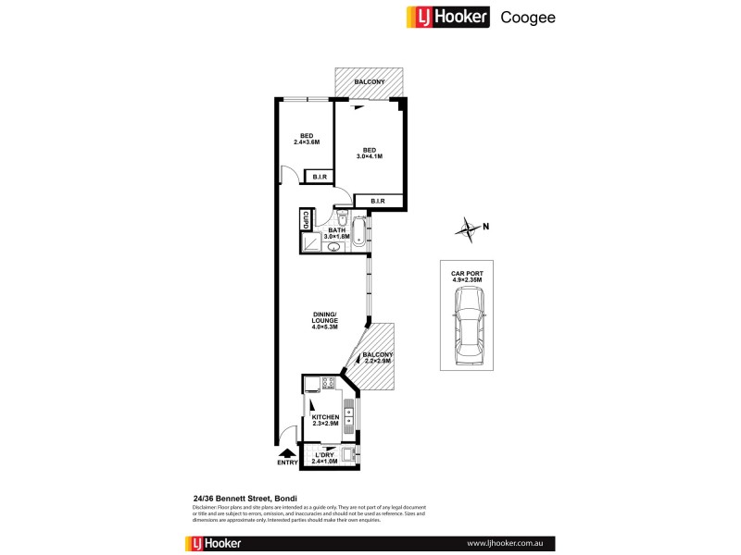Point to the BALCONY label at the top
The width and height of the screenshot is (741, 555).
tap(368, 82)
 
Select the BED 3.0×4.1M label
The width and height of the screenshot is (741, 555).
tap(369, 153)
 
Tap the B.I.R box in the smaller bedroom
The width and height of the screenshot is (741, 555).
tap(320, 177)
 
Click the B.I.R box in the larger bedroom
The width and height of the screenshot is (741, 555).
tap(377, 201)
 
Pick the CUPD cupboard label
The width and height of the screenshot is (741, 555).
tap(304, 222)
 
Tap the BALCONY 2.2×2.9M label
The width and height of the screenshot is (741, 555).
tap(378, 358)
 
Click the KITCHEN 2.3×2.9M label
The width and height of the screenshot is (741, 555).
tap(326, 423)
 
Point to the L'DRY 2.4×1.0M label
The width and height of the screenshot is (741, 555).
tap(325, 456)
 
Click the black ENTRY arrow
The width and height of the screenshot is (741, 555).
tap(286, 452)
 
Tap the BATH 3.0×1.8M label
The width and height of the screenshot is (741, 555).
tap(323, 235)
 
